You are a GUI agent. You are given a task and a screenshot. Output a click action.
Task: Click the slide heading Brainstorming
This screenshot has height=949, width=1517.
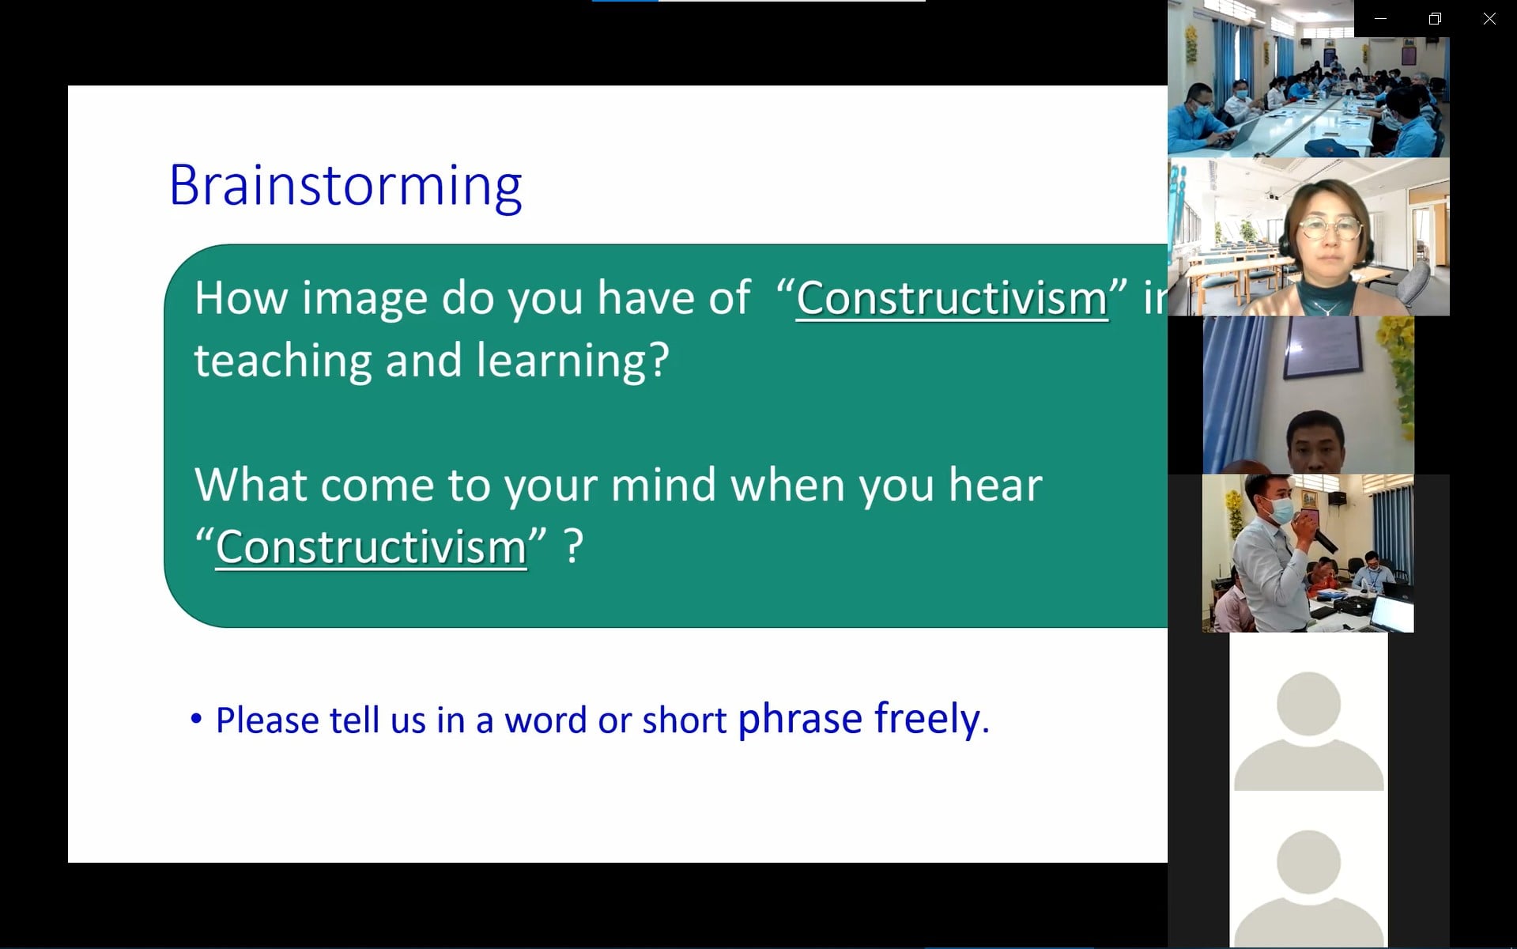[345, 187]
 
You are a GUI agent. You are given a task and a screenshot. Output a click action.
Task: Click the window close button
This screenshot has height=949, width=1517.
[1489, 18]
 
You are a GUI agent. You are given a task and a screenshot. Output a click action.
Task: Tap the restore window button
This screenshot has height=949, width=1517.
[1435, 18]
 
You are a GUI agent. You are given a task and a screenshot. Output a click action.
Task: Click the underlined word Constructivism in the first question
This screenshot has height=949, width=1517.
[952, 299]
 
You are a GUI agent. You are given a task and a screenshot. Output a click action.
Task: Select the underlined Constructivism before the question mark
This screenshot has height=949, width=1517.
[371, 547]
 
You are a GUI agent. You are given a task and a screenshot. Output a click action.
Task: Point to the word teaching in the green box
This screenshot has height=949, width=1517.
[282, 361]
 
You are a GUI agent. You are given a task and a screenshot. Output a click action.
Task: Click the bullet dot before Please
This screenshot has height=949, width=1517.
[197, 719]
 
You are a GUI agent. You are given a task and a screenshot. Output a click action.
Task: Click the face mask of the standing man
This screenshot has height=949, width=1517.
[1281, 510]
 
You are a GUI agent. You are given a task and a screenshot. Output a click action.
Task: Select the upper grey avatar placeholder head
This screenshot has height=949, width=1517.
[1308, 704]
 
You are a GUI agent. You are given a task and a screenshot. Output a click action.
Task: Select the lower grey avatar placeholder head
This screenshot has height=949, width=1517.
[1308, 862]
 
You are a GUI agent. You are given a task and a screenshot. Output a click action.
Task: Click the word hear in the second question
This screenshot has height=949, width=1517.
[995, 485]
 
